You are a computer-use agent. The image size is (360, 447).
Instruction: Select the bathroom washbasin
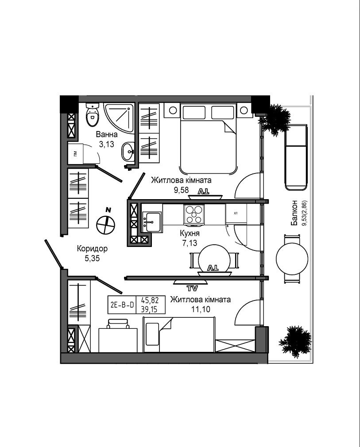point(128,151)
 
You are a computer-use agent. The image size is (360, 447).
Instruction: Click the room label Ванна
point(107,134)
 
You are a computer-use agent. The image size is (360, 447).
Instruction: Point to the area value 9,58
point(182,190)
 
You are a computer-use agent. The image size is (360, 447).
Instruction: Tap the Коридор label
point(92,249)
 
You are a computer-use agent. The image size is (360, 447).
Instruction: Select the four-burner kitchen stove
point(194,214)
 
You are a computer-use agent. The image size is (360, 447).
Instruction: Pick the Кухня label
point(190,233)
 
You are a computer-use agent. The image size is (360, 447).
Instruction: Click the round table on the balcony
point(292,259)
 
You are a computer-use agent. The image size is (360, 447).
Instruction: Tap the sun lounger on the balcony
point(296,157)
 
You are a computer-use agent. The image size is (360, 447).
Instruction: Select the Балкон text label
point(294,213)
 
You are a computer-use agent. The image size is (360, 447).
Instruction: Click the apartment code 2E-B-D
point(122,305)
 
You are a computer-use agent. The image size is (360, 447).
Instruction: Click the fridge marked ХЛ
point(236,213)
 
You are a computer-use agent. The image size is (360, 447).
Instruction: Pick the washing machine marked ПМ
point(75,154)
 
